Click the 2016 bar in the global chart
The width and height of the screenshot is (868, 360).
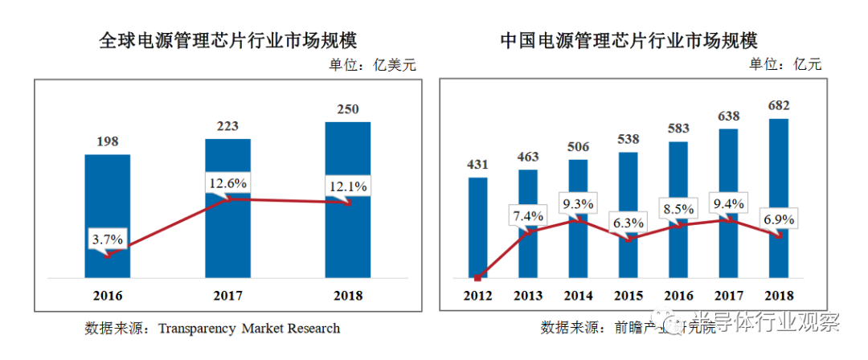(107, 201)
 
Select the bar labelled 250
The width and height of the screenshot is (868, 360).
(347, 161)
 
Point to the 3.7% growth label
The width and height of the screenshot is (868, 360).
(107, 239)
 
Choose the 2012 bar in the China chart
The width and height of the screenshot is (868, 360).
(477, 225)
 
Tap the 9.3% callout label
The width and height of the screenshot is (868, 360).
(578, 205)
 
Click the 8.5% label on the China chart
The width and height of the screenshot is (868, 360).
(678, 211)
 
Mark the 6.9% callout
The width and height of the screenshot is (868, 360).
(778, 219)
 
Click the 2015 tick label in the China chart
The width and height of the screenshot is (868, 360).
(628, 296)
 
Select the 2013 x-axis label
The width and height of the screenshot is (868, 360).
(527, 296)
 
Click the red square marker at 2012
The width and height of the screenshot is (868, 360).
(477, 278)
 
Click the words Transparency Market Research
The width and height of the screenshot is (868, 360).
(249, 328)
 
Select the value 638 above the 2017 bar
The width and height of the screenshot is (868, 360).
(728, 117)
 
